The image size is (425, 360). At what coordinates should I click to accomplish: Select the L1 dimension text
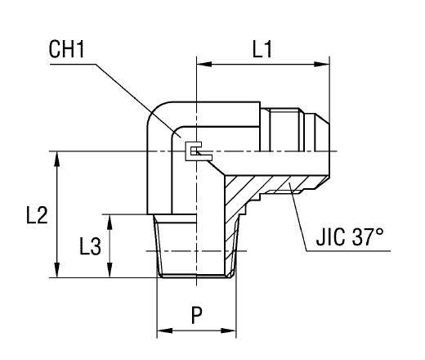point(262,50)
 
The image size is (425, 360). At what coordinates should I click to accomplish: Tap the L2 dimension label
point(32,216)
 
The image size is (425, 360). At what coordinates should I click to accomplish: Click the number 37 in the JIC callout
point(366,239)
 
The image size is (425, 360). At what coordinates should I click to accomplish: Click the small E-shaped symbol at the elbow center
point(193,151)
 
